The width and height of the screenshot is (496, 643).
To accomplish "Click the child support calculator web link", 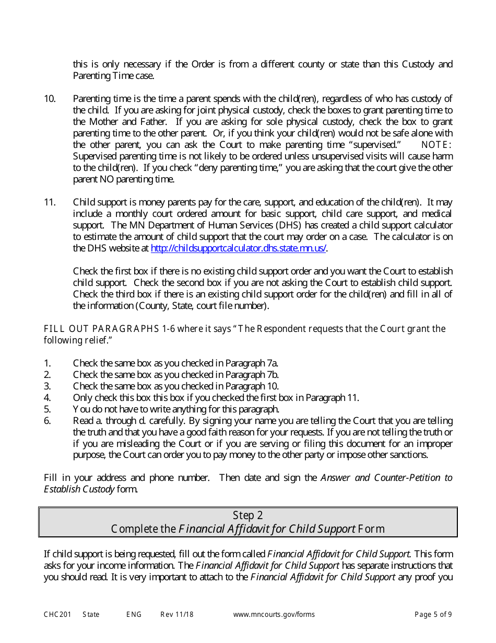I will (x=239, y=248).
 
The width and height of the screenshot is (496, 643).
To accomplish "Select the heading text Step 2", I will (x=248, y=515).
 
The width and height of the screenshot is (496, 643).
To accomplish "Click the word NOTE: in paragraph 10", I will (x=436, y=145).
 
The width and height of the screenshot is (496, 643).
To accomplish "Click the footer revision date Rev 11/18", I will (x=176, y=614).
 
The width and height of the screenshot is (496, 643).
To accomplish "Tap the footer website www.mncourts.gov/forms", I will (x=274, y=614).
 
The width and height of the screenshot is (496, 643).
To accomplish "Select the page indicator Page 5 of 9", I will (x=433, y=614).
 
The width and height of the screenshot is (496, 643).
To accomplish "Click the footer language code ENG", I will (x=134, y=614).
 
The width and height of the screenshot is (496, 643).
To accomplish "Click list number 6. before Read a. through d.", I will (x=47, y=421).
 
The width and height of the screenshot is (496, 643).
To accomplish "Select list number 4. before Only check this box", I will (x=47, y=398).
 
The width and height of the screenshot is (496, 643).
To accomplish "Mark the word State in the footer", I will (x=91, y=614).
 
